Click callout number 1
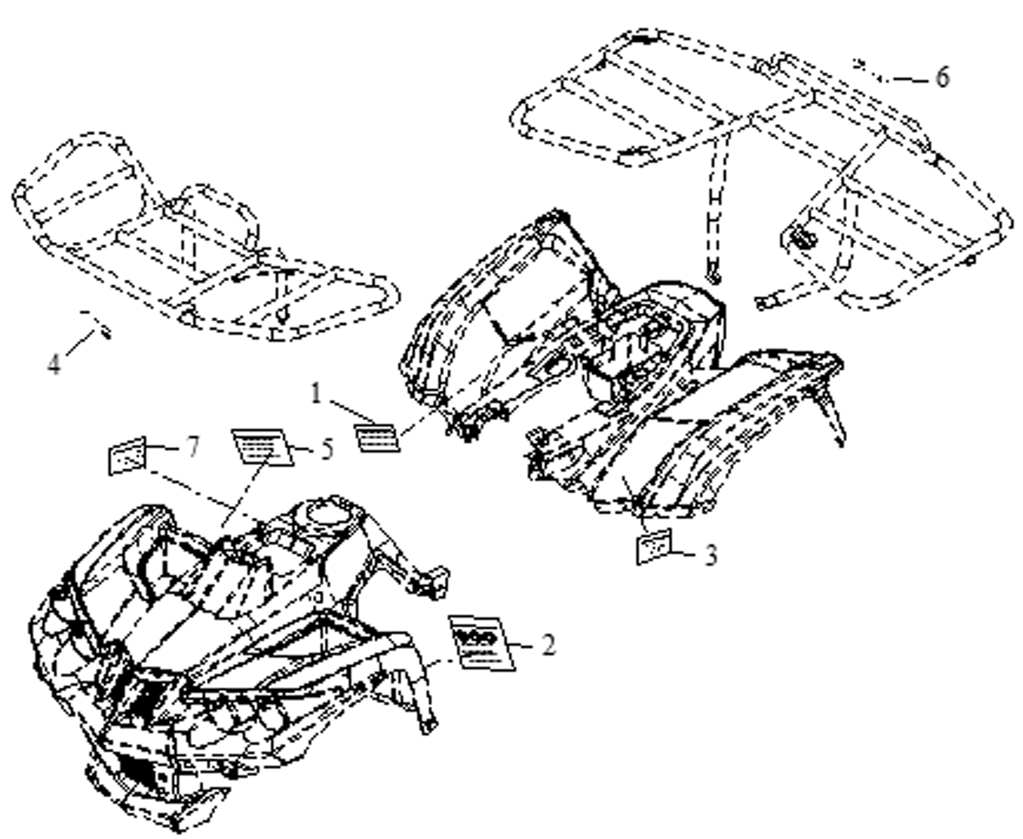[x=316, y=393]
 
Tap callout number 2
[x=547, y=644]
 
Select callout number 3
[x=710, y=554]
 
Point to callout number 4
[x=54, y=364]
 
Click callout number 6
[x=942, y=77]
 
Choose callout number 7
[x=193, y=447]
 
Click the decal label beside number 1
[x=377, y=437]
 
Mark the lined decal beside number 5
[x=262, y=447]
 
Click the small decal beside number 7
[x=127, y=455]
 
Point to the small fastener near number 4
[x=104, y=332]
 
